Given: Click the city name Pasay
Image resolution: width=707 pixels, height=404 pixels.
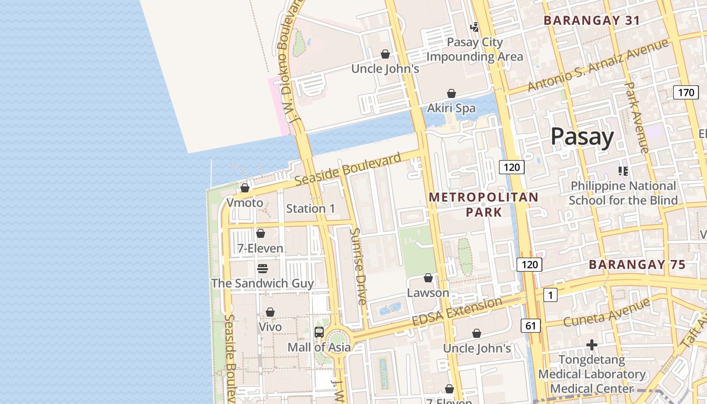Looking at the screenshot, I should pos(582,136).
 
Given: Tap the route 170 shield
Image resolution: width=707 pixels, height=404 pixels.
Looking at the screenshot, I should pos(686,92).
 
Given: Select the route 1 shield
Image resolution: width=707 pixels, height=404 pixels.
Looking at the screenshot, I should pos(550,295).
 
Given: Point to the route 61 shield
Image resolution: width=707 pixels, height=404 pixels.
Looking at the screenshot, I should pos(530,326).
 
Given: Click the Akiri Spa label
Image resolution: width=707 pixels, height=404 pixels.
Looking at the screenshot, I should pos(451,108).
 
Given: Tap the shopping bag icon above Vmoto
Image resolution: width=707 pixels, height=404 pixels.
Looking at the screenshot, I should pos(245,188).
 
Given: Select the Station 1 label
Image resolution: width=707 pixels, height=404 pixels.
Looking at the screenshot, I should pos(310,208).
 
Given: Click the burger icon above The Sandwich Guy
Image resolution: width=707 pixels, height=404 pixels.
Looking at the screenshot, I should pos(262,268).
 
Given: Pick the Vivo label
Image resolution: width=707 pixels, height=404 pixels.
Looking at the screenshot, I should pos(270,327).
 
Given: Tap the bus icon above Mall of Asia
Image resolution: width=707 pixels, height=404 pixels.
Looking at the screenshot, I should pos(319,332).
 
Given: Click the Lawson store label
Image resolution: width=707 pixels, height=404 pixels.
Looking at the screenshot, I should pos(428,293).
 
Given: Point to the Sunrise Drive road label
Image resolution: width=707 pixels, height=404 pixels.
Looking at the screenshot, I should pos(359,267).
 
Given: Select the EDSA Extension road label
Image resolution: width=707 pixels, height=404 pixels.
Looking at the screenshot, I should pos(457,312).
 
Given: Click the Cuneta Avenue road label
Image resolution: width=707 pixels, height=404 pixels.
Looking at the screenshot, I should pos(606,313).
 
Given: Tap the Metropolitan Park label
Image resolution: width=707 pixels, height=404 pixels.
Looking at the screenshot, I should pos(483,204).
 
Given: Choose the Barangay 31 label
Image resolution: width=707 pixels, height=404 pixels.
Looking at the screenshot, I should pos(591,21).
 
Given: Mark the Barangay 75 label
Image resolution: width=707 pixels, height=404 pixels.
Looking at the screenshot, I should pos(637,265).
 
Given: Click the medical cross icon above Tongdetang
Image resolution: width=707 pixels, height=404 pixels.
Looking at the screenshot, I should pos(592,345).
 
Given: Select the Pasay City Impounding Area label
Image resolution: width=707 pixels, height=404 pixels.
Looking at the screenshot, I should pos(475,49).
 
